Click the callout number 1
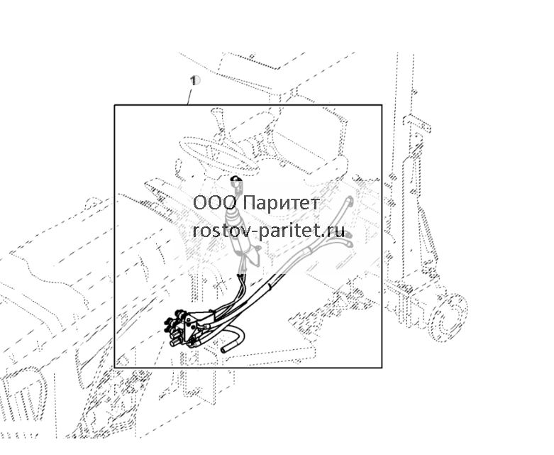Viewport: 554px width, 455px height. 193,80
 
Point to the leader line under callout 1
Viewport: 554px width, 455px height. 189,97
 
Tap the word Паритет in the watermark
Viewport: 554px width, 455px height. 282,203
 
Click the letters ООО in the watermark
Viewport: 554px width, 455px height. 215,203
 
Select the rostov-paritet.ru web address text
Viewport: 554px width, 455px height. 269,231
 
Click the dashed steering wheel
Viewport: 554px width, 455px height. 212,155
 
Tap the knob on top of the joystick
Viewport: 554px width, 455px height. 236,182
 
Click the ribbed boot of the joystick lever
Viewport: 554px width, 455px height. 235,219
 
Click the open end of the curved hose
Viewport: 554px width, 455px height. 224,350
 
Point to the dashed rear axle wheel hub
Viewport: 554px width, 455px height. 449,317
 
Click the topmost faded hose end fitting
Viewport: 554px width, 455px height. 349,199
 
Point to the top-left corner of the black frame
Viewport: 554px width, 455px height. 114,105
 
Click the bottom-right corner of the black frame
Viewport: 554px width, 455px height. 382,367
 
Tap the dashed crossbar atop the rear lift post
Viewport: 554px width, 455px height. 417,123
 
